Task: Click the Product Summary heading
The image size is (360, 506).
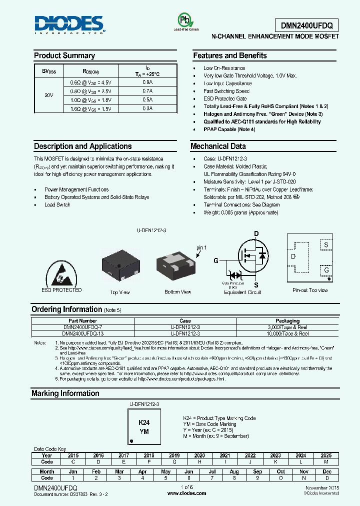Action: pyautogui.click(x=64, y=55)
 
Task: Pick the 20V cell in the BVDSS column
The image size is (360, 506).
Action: pyautogui.click(x=48, y=95)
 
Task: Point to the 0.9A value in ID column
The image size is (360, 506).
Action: pyautogui.click(x=147, y=82)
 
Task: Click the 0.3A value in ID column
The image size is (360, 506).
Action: pyautogui.click(x=147, y=108)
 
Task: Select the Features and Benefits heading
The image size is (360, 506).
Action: pyautogui.click(x=230, y=55)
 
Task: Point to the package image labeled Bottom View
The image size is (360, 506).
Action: pyautogui.click(x=177, y=265)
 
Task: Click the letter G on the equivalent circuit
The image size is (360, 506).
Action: pyautogui.click(x=216, y=260)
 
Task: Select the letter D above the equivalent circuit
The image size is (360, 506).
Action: pyautogui.click(x=256, y=233)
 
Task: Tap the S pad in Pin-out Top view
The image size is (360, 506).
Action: pyautogui.click(x=326, y=245)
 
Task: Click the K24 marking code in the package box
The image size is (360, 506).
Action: pyautogui.click(x=143, y=422)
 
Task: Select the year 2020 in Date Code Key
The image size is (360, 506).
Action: pyautogui.click(x=199, y=455)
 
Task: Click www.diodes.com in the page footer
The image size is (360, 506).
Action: pyautogui.click(x=187, y=493)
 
